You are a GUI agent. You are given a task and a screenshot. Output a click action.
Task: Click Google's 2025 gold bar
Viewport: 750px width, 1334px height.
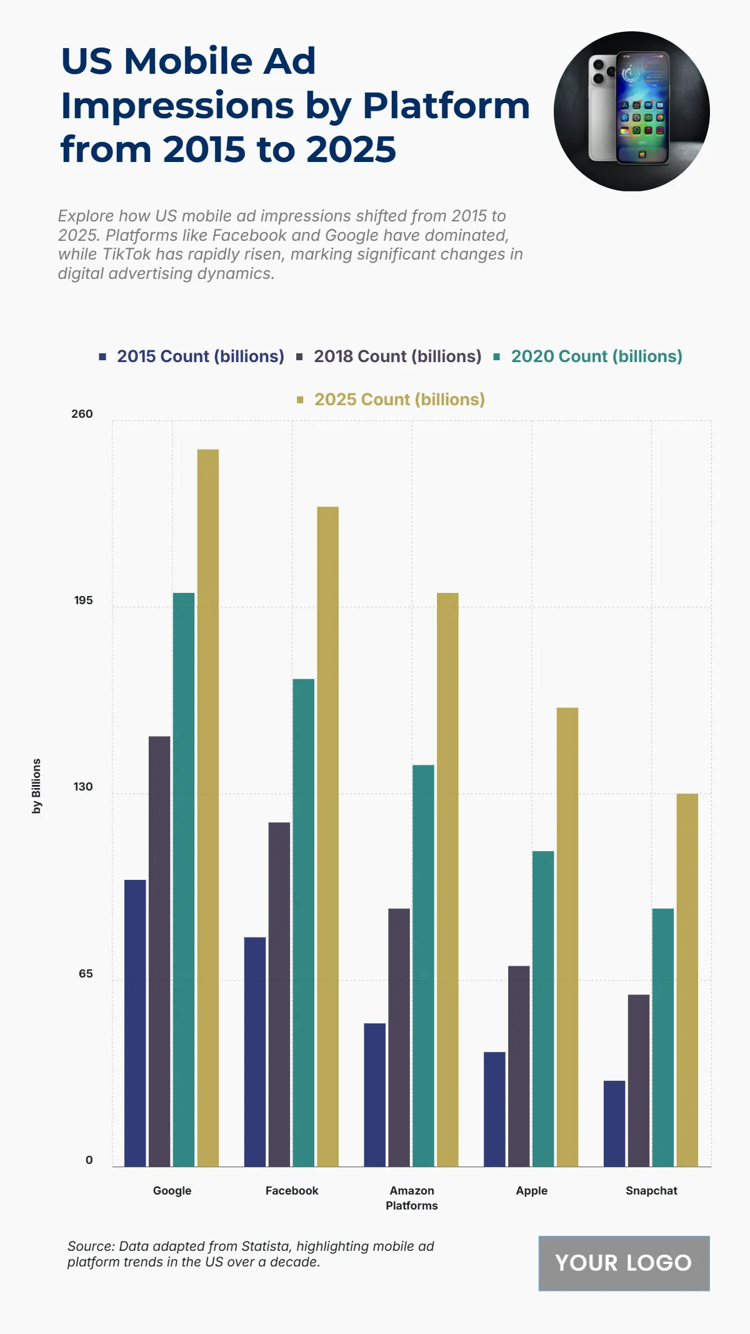pyautogui.click(x=208, y=807)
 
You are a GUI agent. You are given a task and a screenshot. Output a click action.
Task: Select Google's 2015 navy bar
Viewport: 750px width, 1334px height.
pyautogui.click(x=135, y=1023)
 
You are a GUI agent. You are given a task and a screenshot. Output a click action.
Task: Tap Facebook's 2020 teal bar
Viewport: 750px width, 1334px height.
pyautogui.click(x=304, y=922)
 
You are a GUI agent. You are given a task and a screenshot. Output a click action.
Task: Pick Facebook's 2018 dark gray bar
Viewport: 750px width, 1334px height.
pyautogui.click(x=279, y=994)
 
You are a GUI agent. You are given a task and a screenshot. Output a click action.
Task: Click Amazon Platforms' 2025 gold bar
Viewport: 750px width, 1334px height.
pyautogui.click(x=447, y=879)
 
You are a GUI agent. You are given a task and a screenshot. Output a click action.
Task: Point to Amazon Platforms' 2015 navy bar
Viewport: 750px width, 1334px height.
pyautogui.click(x=374, y=1094)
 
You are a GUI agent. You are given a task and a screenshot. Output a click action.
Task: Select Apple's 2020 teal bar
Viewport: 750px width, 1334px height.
pyautogui.click(x=543, y=1008)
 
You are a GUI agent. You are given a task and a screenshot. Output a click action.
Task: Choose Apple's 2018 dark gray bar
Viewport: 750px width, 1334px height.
pyautogui.click(x=519, y=1066)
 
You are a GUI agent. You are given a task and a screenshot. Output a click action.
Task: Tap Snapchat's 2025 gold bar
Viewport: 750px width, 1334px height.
pyautogui.click(x=687, y=980)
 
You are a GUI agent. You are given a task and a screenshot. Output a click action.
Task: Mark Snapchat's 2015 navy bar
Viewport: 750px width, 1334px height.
pyautogui.click(x=614, y=1123)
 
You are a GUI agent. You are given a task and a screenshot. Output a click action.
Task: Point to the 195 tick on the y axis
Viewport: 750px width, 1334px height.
pyautogui.click(x=83, y=600)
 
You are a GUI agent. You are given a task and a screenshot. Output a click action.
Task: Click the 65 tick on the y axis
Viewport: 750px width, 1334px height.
pyautogui.click(x=86, y=974)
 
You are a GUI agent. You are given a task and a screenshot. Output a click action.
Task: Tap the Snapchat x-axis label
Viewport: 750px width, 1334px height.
pyautogui.click(x=651, y=1191)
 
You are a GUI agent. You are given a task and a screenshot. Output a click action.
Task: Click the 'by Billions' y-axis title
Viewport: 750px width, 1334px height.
pyautogui.click(x=37, y=786)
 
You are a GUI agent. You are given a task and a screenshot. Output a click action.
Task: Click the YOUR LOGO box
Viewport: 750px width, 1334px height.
pyautogui.click(x=624, y=1263)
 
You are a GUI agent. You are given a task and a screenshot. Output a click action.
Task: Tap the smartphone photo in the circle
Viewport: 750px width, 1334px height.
pyautogui.click(x=631, y=111)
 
